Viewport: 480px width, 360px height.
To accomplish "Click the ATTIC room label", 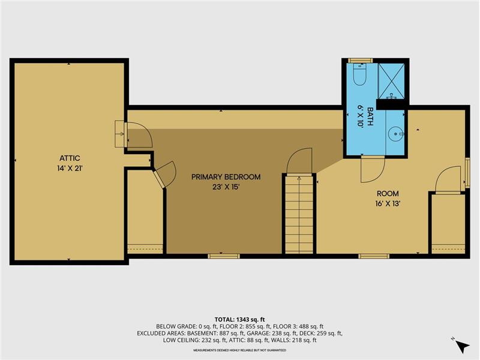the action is [70, 158].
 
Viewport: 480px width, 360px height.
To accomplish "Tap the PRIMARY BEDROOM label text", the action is [226, 177].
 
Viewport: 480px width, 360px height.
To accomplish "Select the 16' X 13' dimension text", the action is [388, 203].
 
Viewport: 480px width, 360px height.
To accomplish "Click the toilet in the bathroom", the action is [359, 74].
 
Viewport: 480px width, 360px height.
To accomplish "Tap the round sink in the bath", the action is [395, 134].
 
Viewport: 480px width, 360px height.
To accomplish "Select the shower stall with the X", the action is [391, 81].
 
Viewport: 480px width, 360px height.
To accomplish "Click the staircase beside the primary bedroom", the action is [299, 214].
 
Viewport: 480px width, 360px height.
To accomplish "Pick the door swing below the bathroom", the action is [372, 169].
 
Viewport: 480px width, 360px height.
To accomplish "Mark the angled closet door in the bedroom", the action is [164, 174].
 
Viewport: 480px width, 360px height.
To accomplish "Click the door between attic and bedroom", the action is [139, 135].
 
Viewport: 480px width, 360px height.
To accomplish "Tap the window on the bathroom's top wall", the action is [360, 61].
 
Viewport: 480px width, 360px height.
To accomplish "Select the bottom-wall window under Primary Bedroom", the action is [224, 256].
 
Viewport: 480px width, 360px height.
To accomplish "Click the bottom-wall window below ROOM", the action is [374, 256].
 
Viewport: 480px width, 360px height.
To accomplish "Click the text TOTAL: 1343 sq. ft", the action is [239, 320].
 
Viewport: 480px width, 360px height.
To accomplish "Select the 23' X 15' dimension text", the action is [226, 187].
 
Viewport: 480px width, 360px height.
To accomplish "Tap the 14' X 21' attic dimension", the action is [70, 168].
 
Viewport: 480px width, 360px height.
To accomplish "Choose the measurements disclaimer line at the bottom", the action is [239, 350].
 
